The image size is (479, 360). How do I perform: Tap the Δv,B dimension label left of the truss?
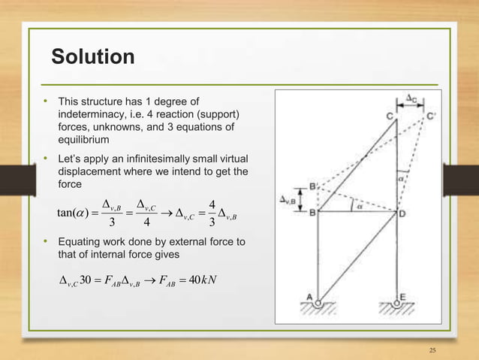(288, 199)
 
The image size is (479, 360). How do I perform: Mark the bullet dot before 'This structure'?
(46, 100)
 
